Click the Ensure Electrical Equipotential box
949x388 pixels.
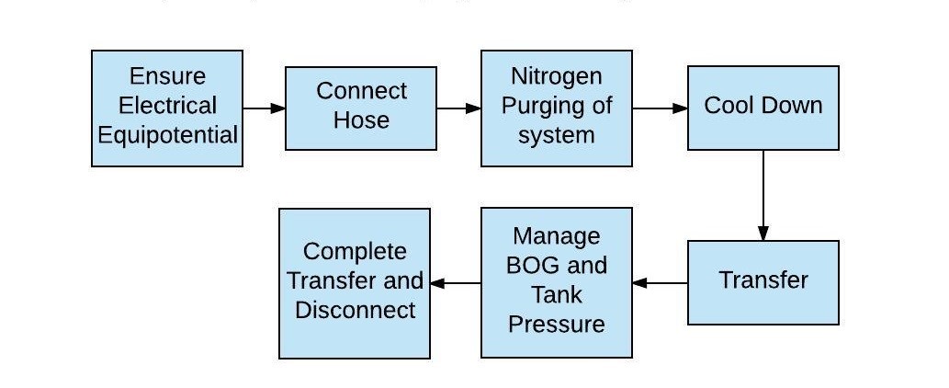click(x=167, y=108)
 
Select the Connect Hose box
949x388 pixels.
click(x=361, y=108)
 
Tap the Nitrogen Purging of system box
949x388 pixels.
click(x=557, y=108)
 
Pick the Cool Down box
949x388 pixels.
click(x=763, y=108)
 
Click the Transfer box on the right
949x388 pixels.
click(x=763, y=282)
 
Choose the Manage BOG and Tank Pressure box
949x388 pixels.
click(x=557, y=282)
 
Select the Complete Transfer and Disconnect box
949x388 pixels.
click(x=355, y=282)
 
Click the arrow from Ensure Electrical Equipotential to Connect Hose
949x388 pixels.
click(x=265, y=108)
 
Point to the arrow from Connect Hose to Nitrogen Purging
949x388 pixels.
click(x=458, y=108)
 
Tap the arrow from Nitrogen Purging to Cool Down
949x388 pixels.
click(x=660, y=108)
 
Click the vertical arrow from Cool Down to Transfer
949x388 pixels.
click(x=763, y=195)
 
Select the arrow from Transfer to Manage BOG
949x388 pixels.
click(x=660, y=282)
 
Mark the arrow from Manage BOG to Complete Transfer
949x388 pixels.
click(x=456, y=282)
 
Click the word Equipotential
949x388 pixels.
click(x=168, y=135)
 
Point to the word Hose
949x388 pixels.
click(x=361, y=120)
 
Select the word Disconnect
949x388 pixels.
click(x=355, y=310)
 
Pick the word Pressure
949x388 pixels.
click(x=557, y=325)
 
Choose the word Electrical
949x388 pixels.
click(x=168, y=106)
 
